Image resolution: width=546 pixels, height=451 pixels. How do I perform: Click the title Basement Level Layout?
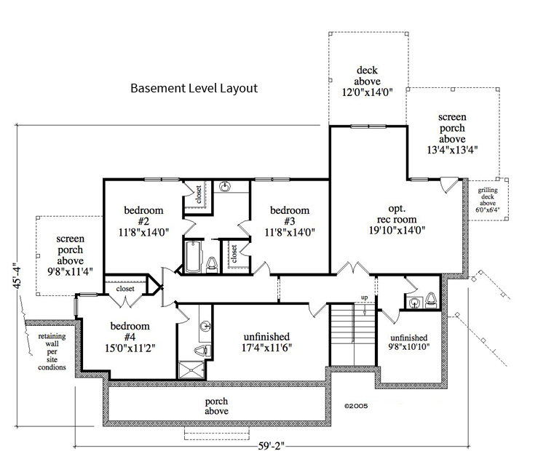click(194, 89)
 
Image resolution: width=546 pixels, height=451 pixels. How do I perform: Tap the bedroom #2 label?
click(143, 222)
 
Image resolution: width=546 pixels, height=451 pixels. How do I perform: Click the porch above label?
click(216, 406)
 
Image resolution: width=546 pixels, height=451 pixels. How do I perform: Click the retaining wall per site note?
click(52, 351)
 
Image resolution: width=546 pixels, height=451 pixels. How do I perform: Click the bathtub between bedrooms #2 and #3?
click(194, 257)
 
